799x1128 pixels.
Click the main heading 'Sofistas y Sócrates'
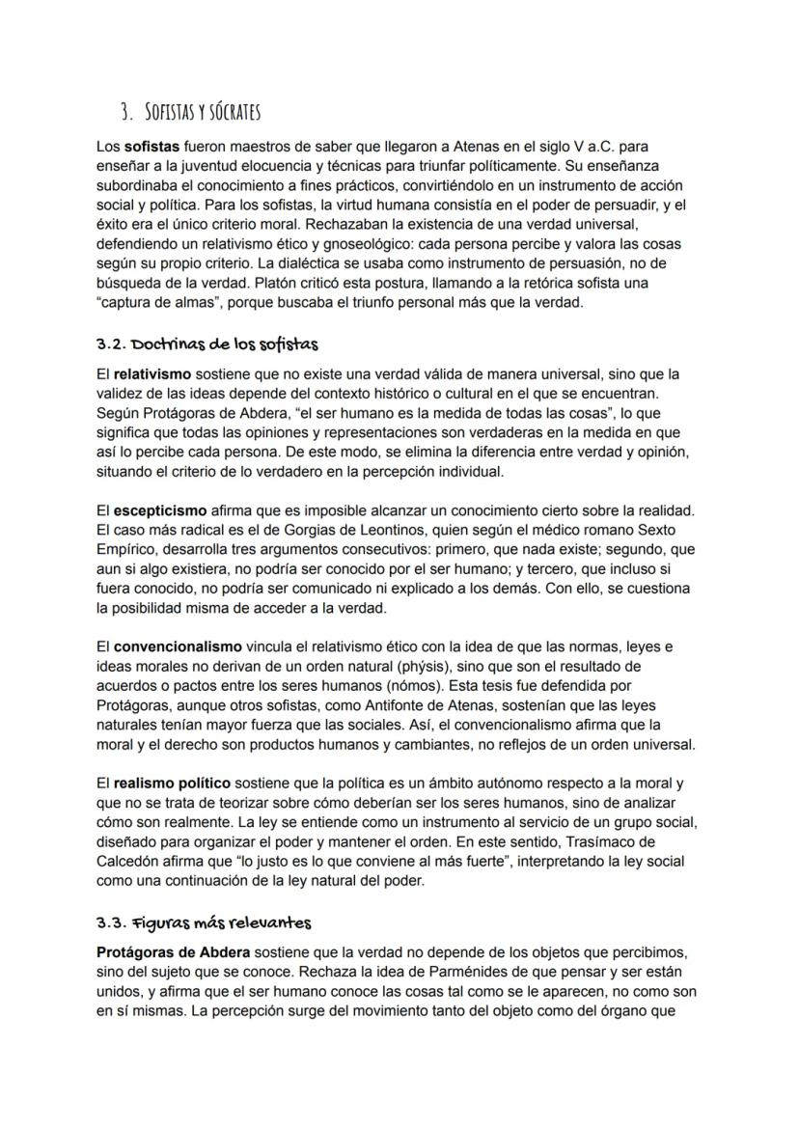coord(203,113)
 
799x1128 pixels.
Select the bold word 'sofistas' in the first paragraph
coord(150,148)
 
